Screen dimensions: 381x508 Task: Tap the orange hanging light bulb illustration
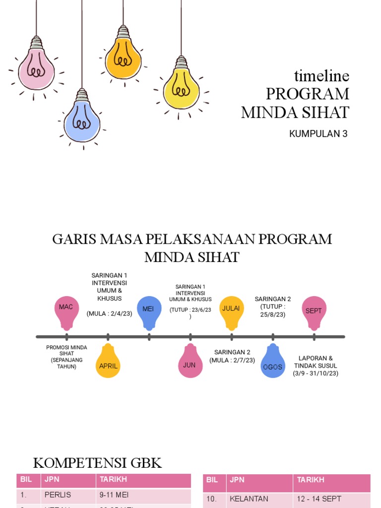click(x=123, y=58)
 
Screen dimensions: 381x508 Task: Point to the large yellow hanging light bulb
click(x=181, y=88)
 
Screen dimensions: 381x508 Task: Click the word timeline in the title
click(x=321, y=76)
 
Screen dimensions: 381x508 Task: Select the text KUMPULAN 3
click(x=318, y=133)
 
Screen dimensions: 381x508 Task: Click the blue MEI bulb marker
click(x=148, y=311)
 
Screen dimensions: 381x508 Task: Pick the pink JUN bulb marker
click(x=190, y=362)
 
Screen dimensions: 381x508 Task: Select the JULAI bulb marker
click(x=231, y=311)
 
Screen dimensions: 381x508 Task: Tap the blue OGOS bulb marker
click(x=273, y=363)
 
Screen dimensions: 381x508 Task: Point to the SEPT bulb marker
click(x=314, y=312)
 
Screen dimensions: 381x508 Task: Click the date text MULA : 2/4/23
click(x=109, y=314)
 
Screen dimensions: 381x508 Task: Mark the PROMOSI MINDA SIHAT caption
click(x=66, y=357)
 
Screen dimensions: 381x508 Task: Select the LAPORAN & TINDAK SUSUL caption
click(x=316, y=366)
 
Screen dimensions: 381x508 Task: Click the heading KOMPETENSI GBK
click(x=97, y=463)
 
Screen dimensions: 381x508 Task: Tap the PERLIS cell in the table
click(x=58, y=495)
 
